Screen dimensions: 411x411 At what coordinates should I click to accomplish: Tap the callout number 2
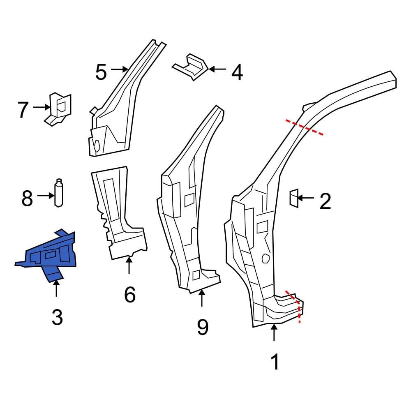pos(325,201)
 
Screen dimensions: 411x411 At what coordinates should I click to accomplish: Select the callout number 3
pos(57,317)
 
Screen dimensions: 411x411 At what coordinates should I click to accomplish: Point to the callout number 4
pos(237,73)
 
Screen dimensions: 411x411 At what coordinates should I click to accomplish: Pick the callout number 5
pos(101,73)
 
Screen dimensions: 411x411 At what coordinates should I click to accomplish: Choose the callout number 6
pos(129,295)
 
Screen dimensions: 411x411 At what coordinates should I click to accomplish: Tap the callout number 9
pos(202,327)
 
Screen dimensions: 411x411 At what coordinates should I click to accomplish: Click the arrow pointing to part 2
pos(305,198)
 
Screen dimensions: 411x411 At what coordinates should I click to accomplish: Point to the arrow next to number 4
pos(218,69)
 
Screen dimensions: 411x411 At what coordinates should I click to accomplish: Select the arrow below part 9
pos(202,298)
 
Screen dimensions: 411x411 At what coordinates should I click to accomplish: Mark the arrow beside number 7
pos(41,107)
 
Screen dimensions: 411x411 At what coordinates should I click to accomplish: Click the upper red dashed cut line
pos(305,127)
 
